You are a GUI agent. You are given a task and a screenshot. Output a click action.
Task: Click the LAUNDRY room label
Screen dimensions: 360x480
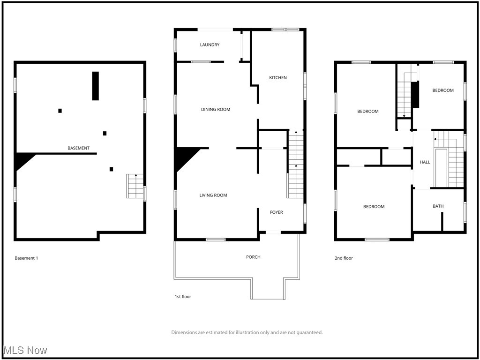click(x=210, y=45)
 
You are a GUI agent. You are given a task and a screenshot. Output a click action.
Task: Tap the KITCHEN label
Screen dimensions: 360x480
click(x=277, y=78)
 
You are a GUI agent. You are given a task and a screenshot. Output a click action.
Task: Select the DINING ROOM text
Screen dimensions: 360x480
click(x=216, y=110)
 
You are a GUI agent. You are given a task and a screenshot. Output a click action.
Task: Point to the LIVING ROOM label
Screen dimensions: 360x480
click(x=213, y=195)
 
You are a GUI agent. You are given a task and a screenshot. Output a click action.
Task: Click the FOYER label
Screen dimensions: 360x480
click(x=276, y=212)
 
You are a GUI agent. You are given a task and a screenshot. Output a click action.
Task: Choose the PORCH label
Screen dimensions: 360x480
click(x=253, y=257)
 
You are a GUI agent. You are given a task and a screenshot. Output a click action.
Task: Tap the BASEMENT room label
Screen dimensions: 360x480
click(x=78, y=148)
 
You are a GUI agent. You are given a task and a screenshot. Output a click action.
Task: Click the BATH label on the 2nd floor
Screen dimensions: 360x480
click(x=438, y=206)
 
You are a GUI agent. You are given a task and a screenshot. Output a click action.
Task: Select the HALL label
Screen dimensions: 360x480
click(x=425, y=162)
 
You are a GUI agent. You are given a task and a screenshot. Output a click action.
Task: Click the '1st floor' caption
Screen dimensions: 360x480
click(x=182, y=297)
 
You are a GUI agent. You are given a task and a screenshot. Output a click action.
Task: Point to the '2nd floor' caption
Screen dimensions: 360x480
click(x=344, y=258)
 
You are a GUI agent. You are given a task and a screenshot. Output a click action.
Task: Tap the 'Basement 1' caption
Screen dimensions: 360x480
click(x=26, y=258)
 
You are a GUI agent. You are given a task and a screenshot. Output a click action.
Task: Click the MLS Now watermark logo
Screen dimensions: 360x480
click(x=25, y=350)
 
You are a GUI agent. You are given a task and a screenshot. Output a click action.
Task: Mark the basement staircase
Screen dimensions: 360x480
click(x=135, y=186)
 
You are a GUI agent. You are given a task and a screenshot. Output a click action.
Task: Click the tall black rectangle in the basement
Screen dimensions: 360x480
click(x=96, y=86)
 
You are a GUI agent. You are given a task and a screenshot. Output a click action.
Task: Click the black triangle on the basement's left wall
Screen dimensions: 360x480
click(x=22, y=159)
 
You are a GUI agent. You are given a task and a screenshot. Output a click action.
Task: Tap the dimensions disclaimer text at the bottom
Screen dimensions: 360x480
click(x=247, y=332)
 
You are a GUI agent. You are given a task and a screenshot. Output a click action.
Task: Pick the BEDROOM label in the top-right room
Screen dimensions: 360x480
click(x=442, y=90)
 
